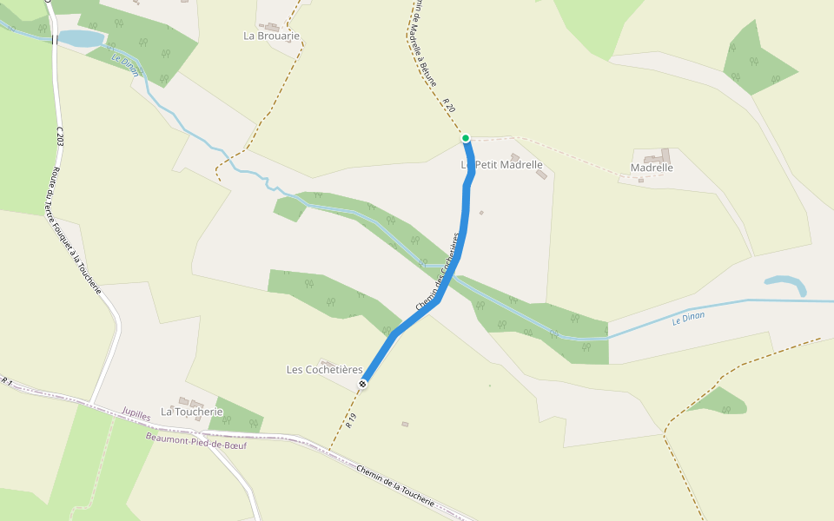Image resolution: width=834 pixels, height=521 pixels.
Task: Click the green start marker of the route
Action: click(466, 138)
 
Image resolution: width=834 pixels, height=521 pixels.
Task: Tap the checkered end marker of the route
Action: click(362, 383)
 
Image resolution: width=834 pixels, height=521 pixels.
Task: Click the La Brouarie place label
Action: click(272, 36)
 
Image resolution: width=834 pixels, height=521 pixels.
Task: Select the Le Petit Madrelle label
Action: click(502, 165)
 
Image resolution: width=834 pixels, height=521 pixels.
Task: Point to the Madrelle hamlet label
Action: click(652, 168)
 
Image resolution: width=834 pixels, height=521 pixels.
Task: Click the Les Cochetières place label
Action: click(325, 370)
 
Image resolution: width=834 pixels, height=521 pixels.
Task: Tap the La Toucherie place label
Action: click(192, 412)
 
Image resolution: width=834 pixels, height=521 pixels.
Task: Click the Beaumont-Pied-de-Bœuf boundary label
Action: click(196, 445)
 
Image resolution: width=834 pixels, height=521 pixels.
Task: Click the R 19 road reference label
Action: click(351, 422)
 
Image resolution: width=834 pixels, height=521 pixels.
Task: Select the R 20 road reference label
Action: click(448, 105)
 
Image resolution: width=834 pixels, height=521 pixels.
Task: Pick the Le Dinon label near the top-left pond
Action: click(126, 65)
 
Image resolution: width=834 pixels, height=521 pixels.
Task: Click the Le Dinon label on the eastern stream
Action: click(688, 319)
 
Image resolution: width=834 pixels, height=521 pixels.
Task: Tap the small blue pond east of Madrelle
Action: click(786, 283)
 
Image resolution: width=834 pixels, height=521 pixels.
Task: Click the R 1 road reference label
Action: click(7, 381)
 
